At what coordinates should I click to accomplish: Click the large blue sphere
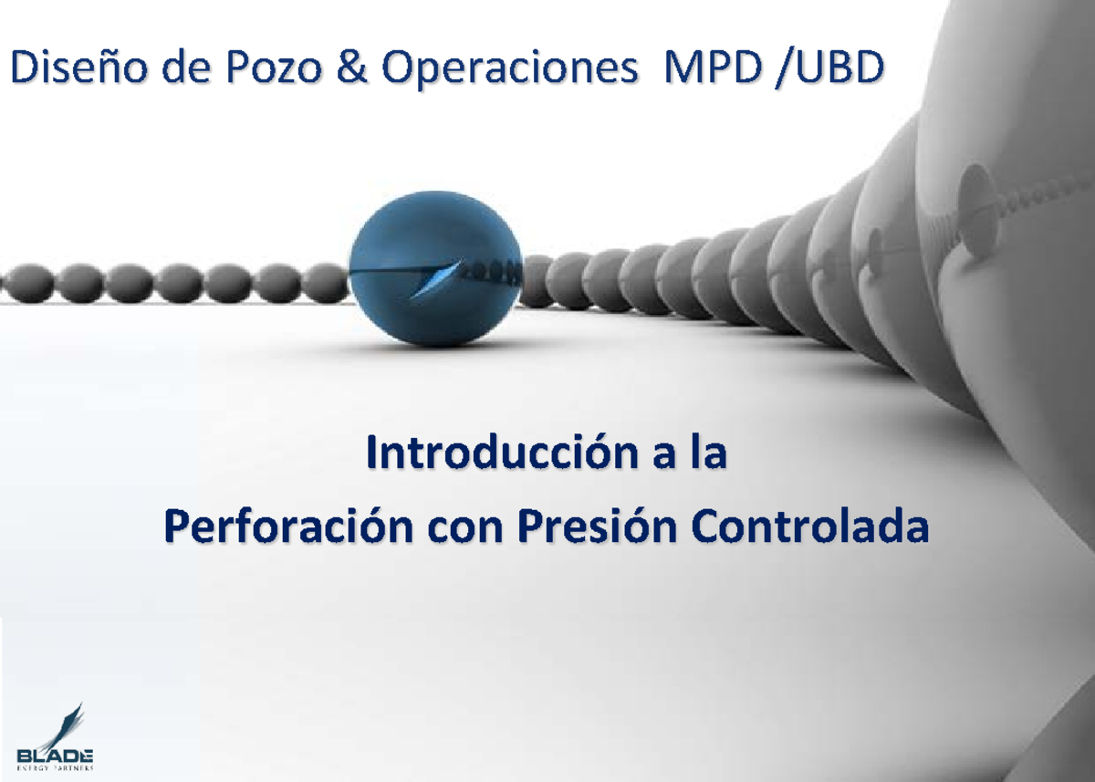point(436,274)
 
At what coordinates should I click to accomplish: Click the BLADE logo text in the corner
point(55,756)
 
